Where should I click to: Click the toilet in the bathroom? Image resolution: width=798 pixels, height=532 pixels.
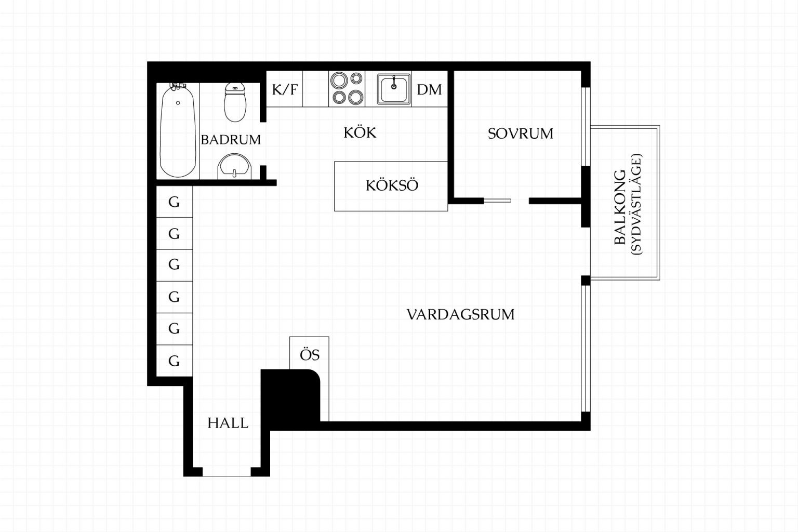click(x=235, y=102)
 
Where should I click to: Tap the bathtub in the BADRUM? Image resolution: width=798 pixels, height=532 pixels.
click(x=178, y=130)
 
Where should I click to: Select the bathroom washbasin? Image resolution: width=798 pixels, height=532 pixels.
click(x=234, y=167)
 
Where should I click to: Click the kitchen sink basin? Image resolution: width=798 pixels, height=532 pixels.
click(x=394, y=89)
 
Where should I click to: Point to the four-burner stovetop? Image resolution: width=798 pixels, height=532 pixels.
click(x=347, y=89)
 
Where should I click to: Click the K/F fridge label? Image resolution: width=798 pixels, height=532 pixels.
click(x=284, y=89)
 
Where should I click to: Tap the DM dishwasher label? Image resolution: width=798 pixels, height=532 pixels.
click(x=429, y=89)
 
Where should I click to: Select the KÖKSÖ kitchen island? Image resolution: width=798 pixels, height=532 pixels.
click(x=391, y=187)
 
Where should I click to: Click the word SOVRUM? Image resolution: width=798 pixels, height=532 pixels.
click(x=521, y=134)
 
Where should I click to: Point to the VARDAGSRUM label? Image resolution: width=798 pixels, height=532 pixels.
click(x=461, y=314)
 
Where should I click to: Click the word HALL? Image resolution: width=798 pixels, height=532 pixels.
click(x=228, y=423)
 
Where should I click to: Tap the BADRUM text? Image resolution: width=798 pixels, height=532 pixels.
click(x=231, y=140)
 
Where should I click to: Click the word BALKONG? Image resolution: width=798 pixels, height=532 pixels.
click(x=620, y=207)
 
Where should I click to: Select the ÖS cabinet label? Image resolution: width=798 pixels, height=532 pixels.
click(x=310, y=354)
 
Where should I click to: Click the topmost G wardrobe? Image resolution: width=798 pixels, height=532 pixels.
click(x=174, y=202)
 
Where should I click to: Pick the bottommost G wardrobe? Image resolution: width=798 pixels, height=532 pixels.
click(x=174, y=361)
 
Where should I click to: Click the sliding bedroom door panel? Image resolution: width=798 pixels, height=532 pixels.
click(x=497, y=201)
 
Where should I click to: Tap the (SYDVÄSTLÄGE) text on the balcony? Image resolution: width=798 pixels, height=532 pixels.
click(x=636, y=204)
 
